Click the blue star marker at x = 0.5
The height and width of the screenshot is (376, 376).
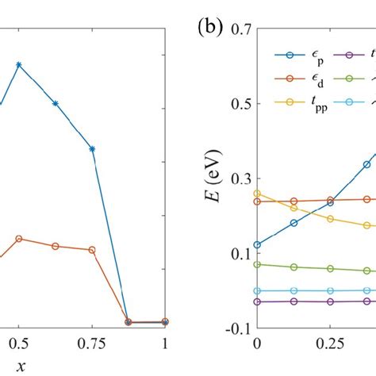(19, 64)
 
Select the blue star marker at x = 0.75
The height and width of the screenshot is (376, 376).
(92, 148)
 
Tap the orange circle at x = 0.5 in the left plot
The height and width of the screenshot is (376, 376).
(19, 238)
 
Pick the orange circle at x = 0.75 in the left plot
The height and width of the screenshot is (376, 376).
(92, 250)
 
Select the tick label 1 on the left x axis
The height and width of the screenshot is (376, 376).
(165, 343)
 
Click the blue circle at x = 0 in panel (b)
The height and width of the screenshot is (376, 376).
(257, 245)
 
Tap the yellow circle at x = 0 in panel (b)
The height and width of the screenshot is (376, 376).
(257, 194)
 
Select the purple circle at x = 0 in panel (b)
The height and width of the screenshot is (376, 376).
(257, 301)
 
